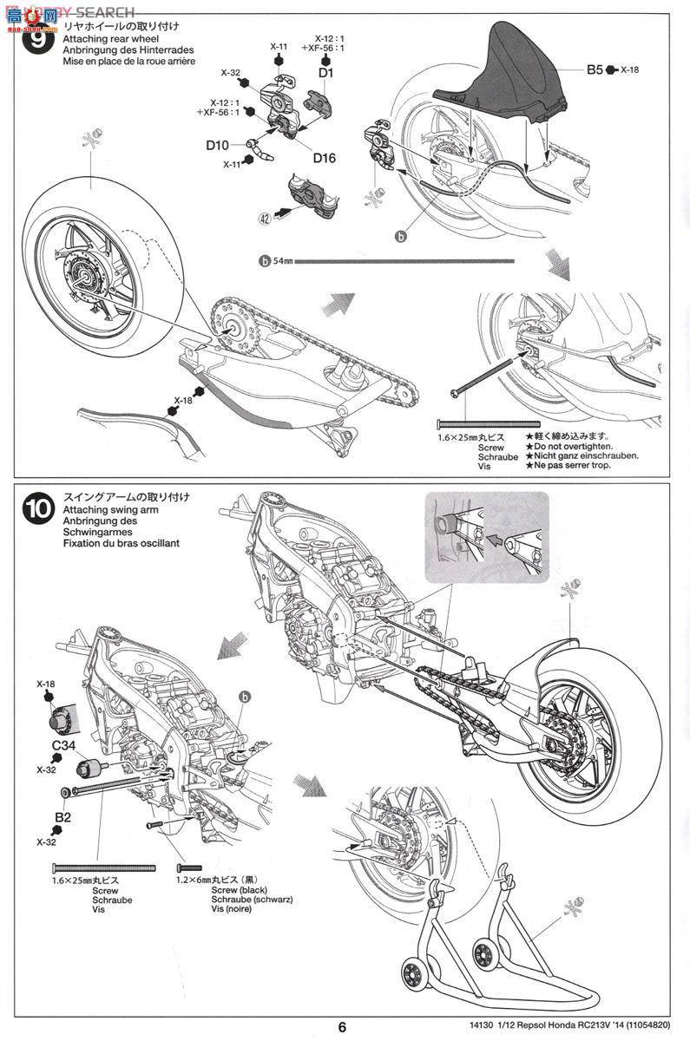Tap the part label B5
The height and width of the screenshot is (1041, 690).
594,69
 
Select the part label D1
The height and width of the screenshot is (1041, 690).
325,75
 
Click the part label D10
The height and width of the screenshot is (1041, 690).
218,145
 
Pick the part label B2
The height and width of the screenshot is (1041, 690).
62,816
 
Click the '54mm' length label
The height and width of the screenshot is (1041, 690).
284,259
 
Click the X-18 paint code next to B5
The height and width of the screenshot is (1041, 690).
629,69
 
